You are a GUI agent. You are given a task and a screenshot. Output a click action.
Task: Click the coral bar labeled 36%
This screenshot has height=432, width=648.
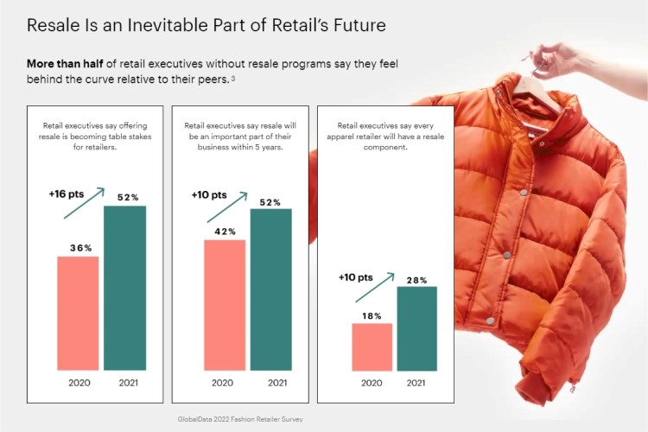(78, 314)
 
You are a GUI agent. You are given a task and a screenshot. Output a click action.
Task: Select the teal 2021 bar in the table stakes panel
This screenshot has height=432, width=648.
(124, 288)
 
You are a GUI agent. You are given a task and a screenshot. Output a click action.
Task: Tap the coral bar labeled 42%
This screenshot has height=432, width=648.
(225, 305)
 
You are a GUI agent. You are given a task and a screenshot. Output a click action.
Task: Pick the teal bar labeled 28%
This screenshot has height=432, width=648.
(417, 328)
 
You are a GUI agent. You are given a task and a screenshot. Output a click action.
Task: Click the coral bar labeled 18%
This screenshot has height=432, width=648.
(372, 347)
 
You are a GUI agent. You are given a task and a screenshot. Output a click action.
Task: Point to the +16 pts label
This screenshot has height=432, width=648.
(67, 194)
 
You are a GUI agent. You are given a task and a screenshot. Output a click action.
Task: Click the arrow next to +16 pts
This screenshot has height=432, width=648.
(85, 203)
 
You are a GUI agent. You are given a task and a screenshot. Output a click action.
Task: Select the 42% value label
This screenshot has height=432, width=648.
(226, 232)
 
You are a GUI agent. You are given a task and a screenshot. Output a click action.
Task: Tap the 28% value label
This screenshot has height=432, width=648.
(417, 280)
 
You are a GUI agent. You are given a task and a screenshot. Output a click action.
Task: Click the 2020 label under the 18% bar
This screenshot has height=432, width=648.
(372, 383)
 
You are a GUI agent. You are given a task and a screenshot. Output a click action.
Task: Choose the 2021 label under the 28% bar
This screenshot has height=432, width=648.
(416, 383)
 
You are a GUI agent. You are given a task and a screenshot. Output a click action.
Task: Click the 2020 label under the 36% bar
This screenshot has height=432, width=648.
(79, 383)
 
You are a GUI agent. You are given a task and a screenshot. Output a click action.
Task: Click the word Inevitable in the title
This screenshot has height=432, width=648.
(168, 25)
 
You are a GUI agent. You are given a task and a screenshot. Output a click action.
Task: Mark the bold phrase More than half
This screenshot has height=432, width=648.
(65, 64)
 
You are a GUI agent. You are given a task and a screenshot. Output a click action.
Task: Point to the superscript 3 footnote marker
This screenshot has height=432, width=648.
(233, 78)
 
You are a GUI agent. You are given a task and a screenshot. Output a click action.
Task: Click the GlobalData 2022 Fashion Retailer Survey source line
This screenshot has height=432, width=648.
(240, 419)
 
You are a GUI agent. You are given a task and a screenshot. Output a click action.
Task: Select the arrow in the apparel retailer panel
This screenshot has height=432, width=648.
(375, 288)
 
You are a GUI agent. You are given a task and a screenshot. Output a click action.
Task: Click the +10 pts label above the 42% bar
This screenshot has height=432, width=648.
(209, 194)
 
